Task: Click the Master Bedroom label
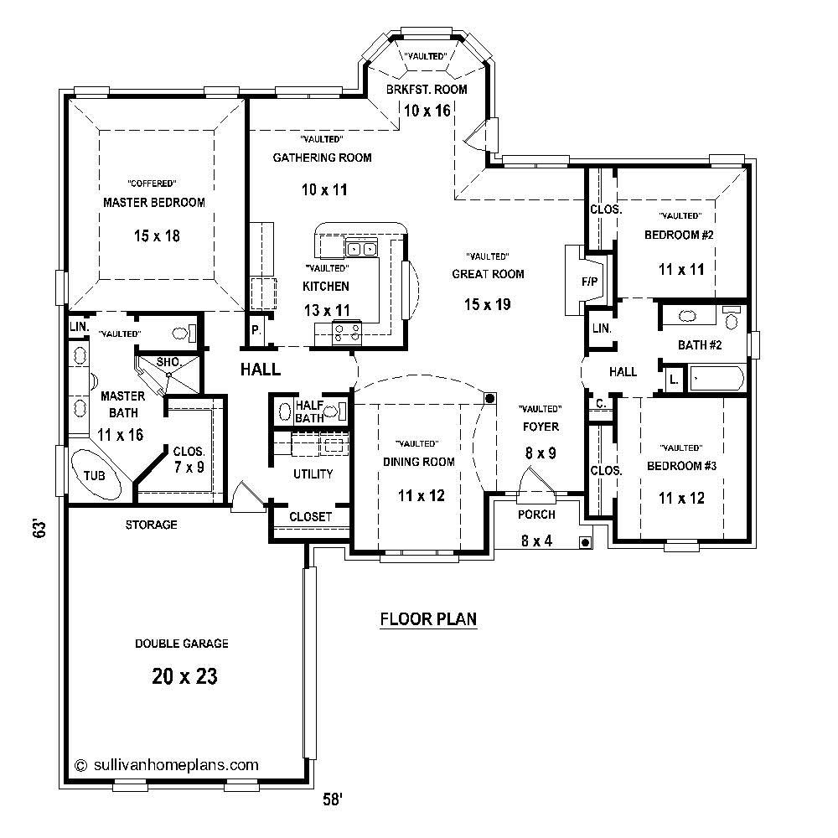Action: point(153,203)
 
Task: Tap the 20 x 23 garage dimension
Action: point(185,676)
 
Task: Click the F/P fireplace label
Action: point(589,282)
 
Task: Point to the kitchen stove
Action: point(347,334)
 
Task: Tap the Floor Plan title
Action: point(428,619)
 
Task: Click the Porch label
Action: point(536,515)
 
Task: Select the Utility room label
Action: point(313,474)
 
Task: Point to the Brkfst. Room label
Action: point(427,90)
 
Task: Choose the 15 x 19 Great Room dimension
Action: point(488,304)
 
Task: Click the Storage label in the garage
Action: point(151,525)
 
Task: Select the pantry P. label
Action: point(256,330)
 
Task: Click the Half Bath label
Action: point(309,411)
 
